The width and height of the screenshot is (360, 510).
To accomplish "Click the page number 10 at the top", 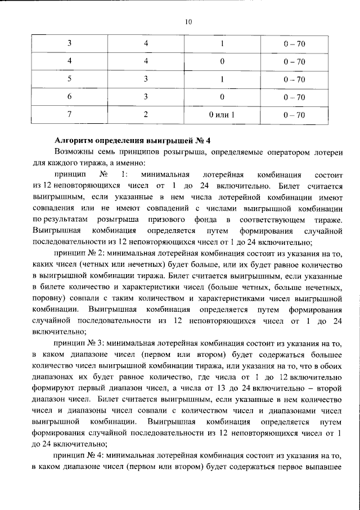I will [x=188, y=22].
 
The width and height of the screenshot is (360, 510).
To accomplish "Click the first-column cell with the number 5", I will [x=69, y=79].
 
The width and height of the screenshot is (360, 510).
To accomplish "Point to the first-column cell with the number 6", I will [x=69, y=97].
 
